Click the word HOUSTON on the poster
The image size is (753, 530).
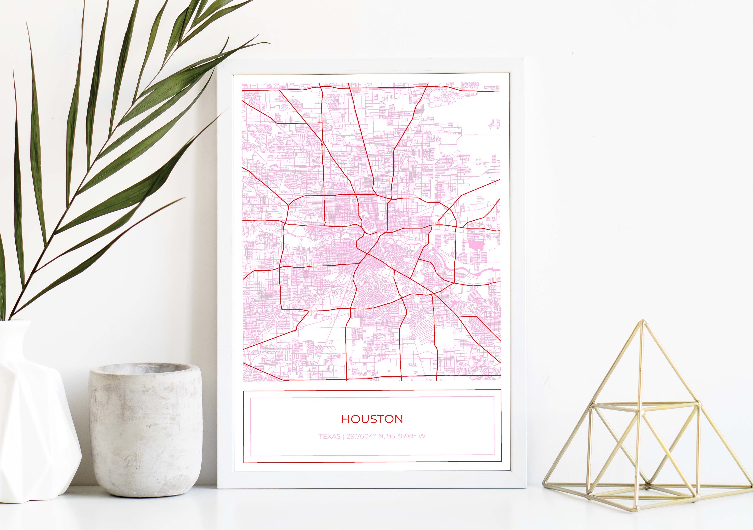[x=372, y=419]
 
